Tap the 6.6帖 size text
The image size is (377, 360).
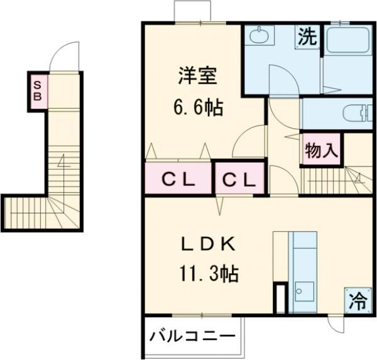coord(197,107)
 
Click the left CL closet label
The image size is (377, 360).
coord(177,180)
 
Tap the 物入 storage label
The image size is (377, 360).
coord(322,150)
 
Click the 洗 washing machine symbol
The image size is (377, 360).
coord(307,37)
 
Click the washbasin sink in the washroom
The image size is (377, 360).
coord(258,36)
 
